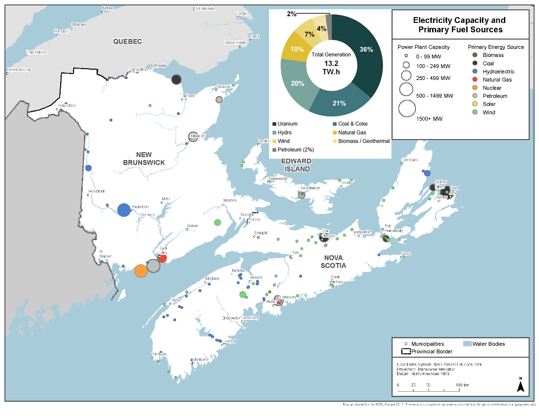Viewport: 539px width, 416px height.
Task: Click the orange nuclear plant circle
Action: click(141, 271)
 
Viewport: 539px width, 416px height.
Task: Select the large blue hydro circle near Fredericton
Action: click(124, 210)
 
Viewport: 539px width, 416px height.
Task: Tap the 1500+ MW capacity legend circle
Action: click(407, 109)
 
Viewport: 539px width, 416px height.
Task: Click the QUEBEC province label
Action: click(128, 42)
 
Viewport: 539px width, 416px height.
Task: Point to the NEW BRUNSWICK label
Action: click(144, 158)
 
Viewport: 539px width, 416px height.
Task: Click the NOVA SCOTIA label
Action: click(333, 262)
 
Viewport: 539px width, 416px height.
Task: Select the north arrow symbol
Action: click(521, 386)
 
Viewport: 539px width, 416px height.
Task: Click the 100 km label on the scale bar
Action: click(463, 385)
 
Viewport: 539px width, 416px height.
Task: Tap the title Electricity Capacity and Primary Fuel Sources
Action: click(460, 25)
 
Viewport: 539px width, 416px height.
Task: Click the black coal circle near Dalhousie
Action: click(177, 79)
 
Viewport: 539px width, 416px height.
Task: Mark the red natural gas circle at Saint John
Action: click(163, 258)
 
